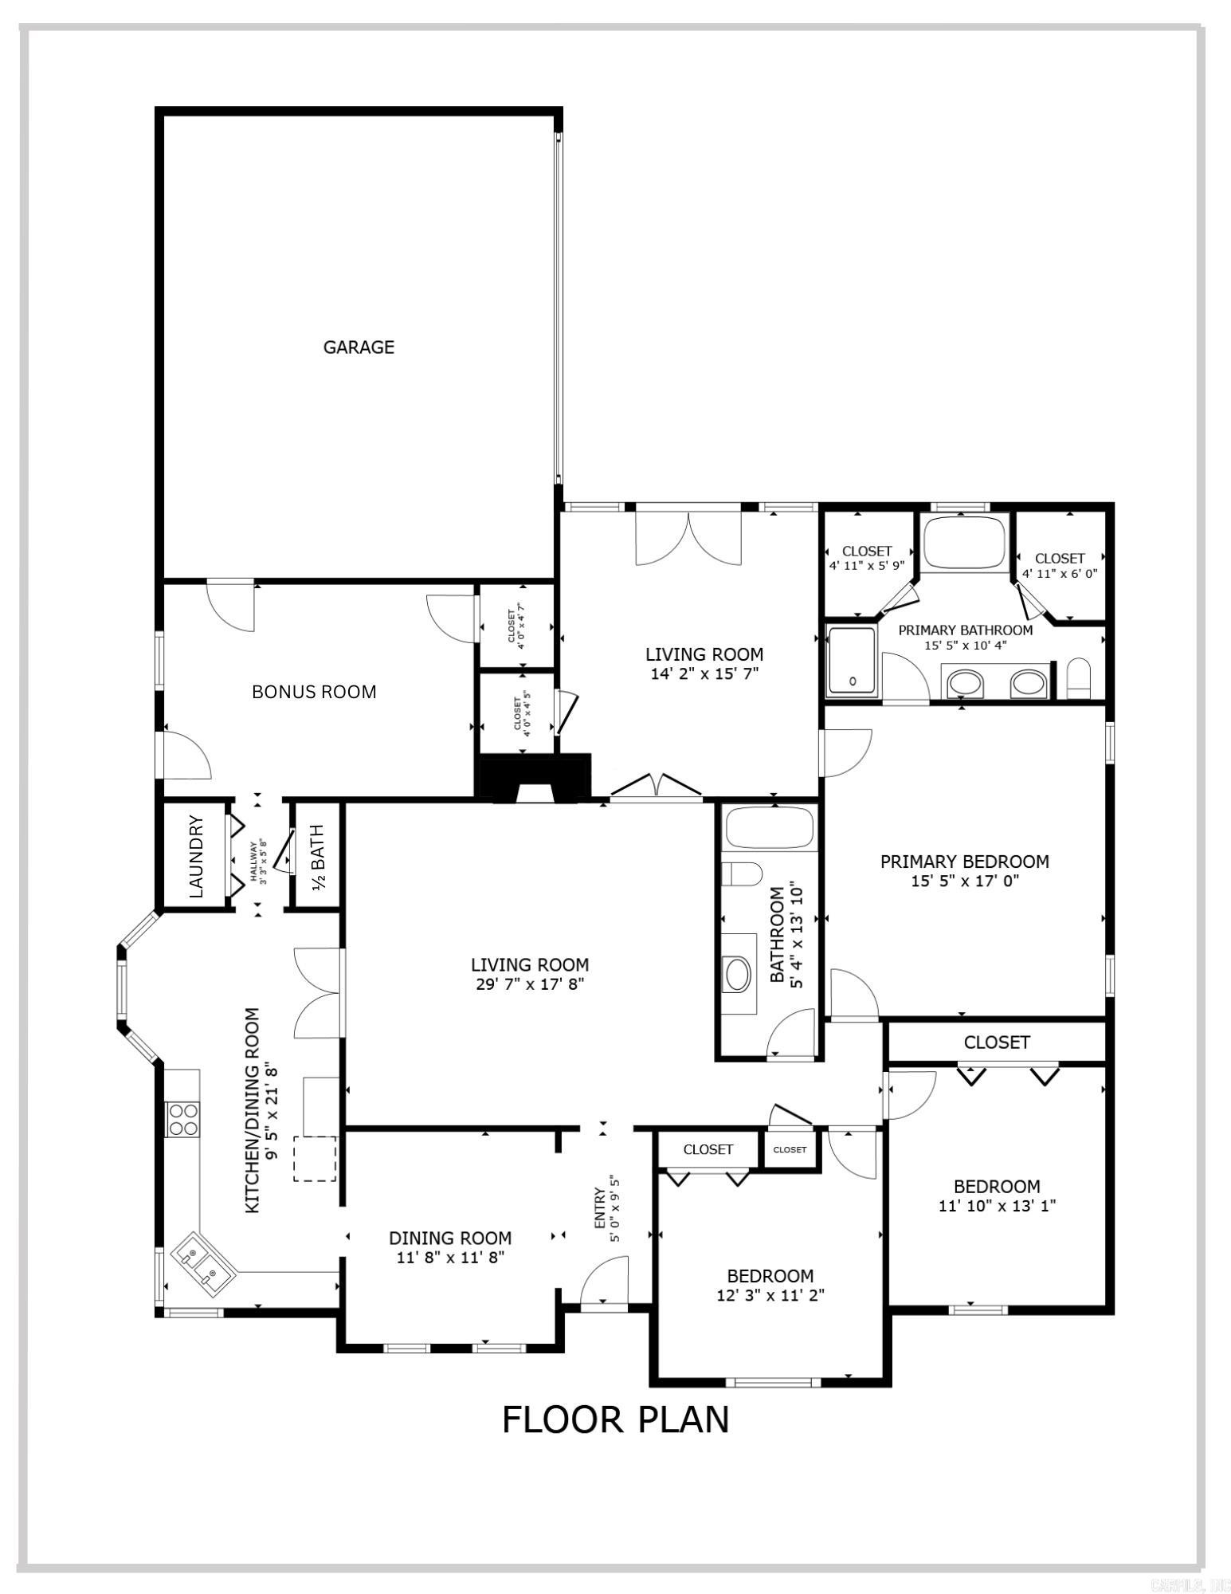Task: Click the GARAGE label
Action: tap(358, 347)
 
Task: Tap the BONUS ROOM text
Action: tap(314, 692)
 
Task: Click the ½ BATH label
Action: tap(317, 858)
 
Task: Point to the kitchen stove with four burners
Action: tap(182, 1117)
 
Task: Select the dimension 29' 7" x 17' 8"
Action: tap(530, 983)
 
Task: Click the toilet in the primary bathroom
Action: tap(1077, 678)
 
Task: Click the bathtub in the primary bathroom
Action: tap(964, 541)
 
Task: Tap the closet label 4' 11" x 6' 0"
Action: tap(1060, 572)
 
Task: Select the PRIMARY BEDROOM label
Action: tap(964, 862)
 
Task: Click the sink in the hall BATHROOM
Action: tap(737, 973)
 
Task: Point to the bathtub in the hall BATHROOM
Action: tap(768, 827)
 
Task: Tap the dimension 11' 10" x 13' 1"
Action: tap(997, 1206)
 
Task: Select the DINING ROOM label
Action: tap(450, 1238)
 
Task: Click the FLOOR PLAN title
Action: tap(615, 1419)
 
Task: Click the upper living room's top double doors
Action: tap(688, 538)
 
